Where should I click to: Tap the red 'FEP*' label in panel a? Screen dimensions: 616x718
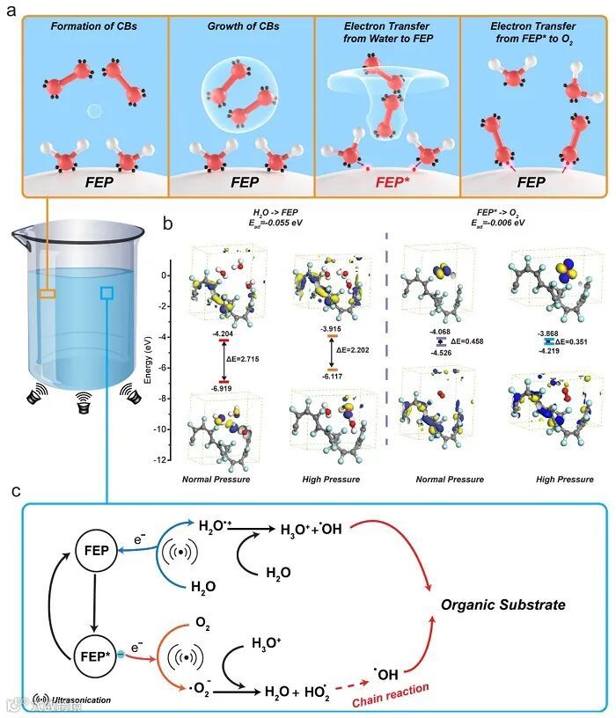point(385,183)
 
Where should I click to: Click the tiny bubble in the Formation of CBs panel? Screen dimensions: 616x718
point(93,111)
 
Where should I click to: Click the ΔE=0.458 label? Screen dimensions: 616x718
point(467,341)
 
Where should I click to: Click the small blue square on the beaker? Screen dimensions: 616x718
point(108,292)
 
